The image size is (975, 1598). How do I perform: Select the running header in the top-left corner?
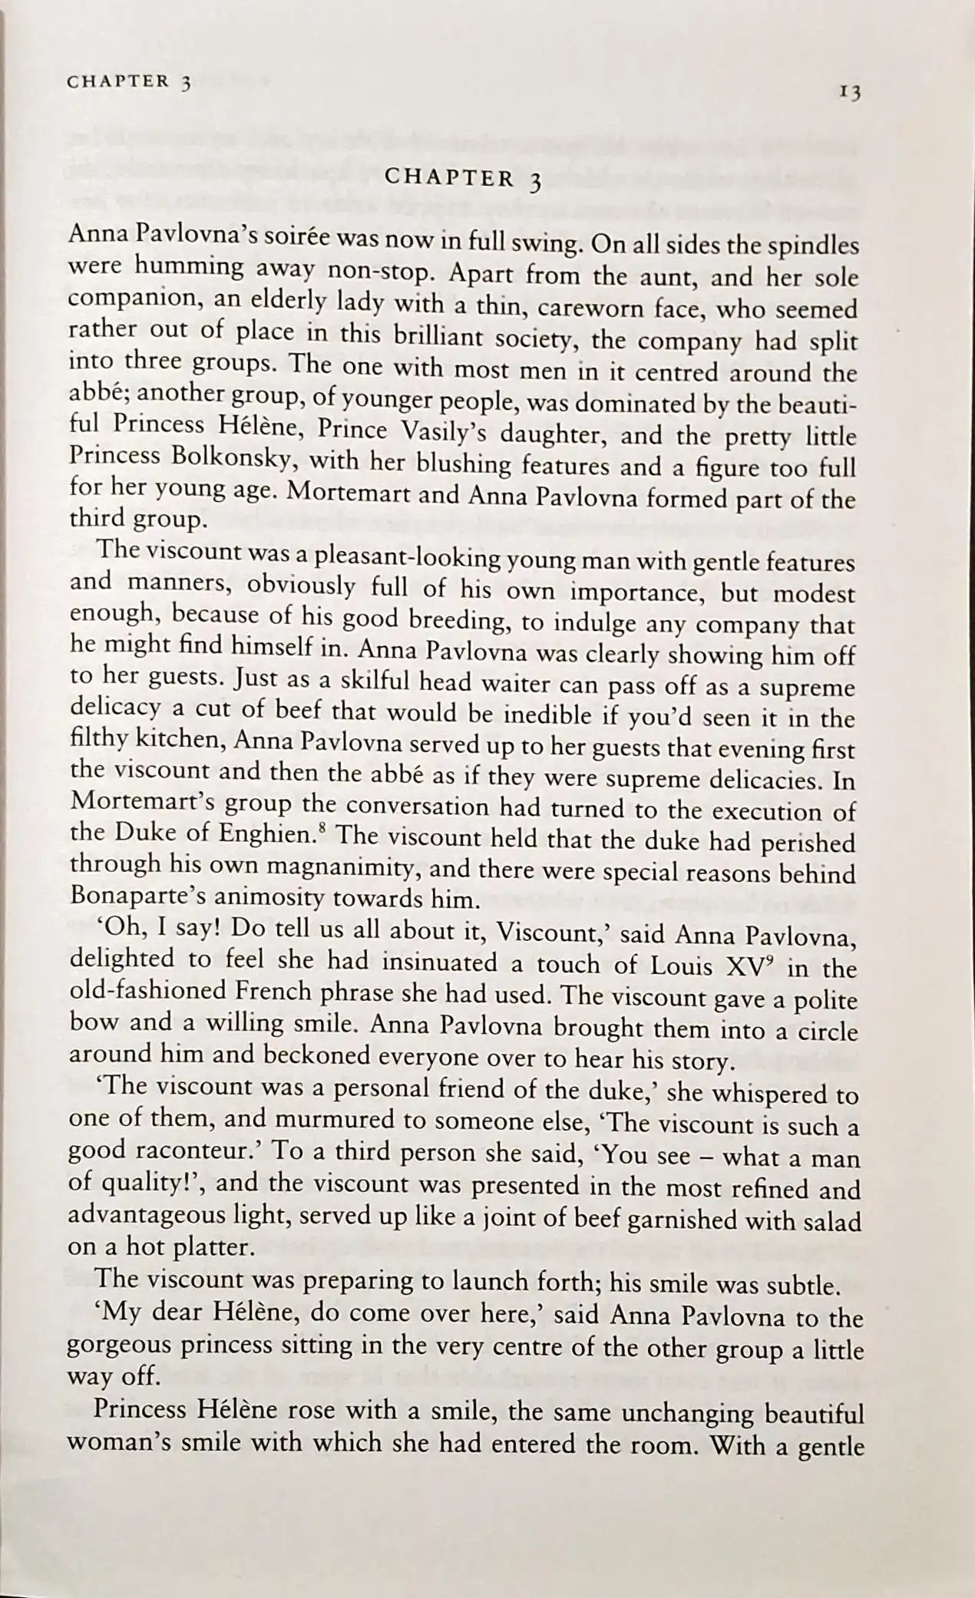[128, 82]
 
